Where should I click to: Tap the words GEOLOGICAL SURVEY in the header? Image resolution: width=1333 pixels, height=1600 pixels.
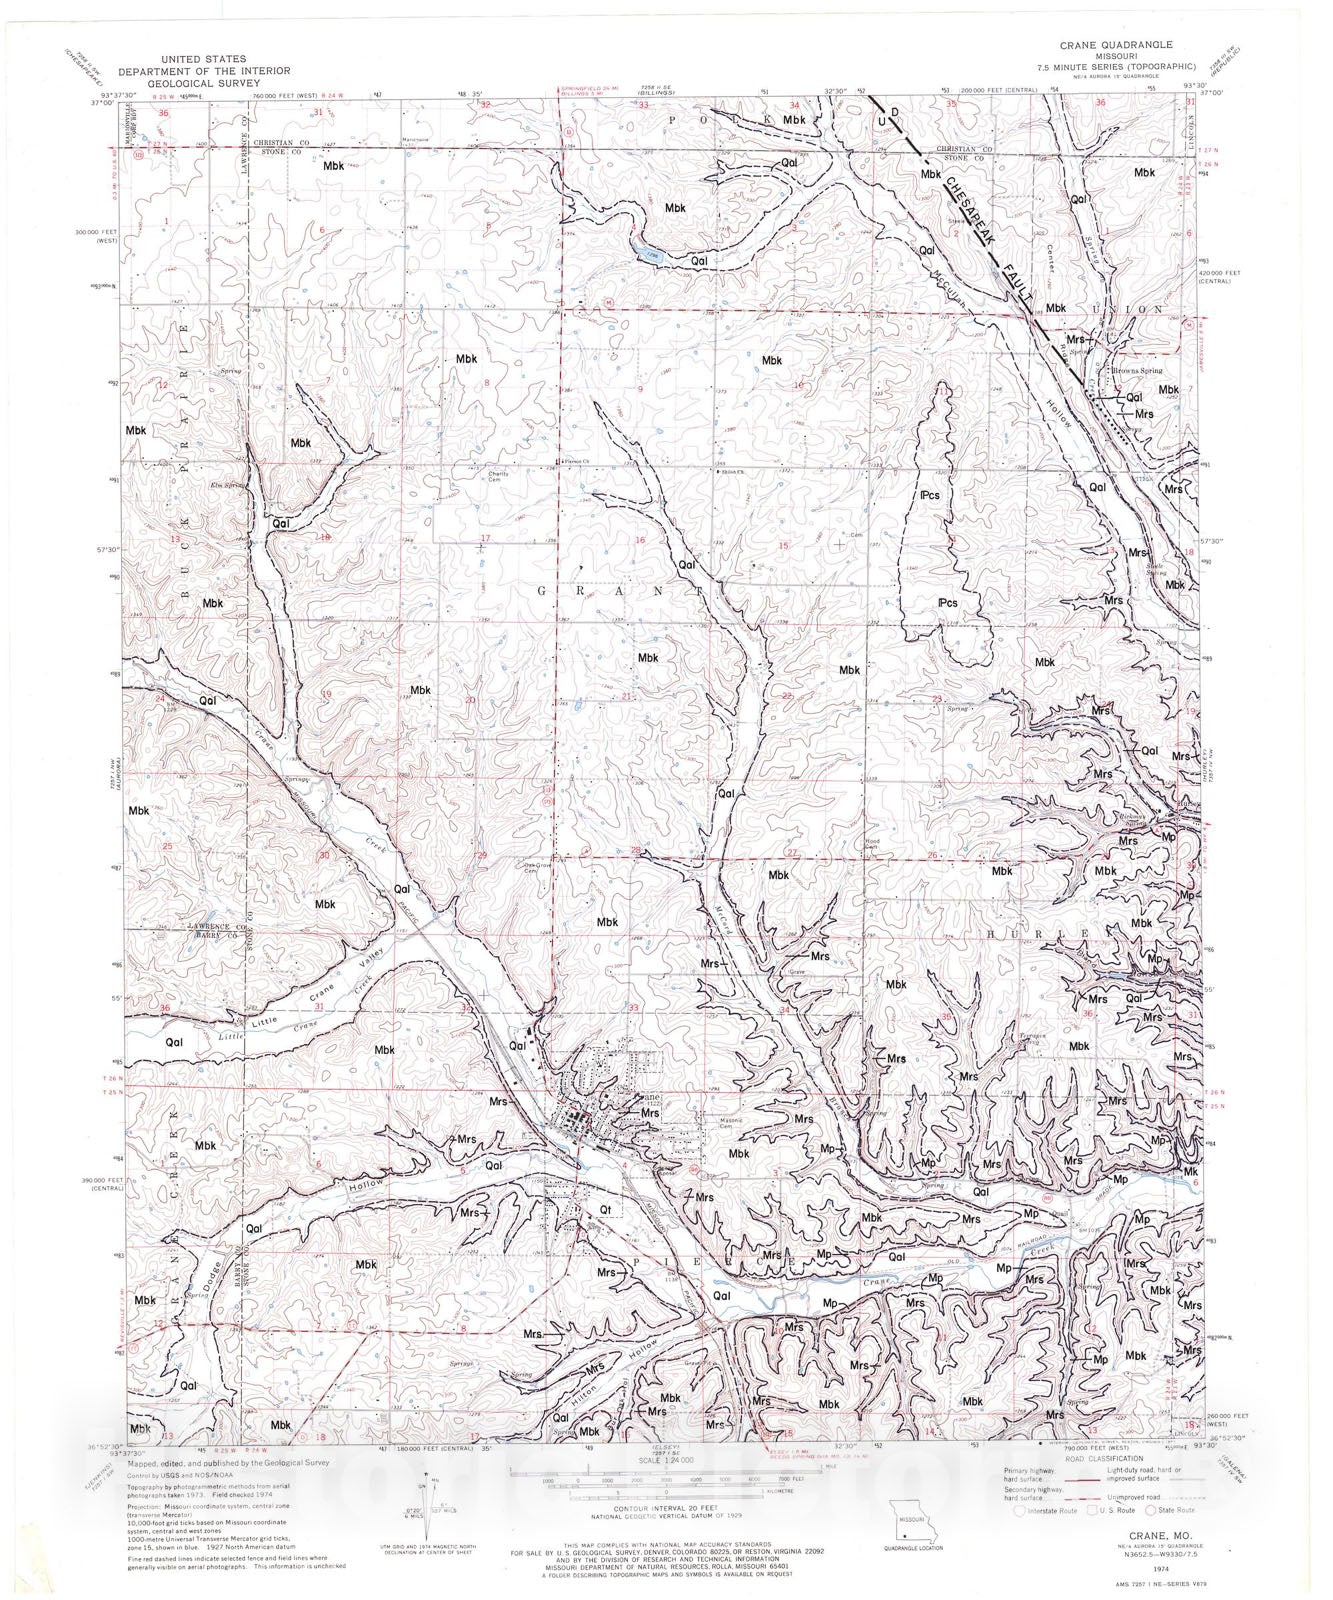[204, 83]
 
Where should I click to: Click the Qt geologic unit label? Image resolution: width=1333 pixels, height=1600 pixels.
[605, 1208]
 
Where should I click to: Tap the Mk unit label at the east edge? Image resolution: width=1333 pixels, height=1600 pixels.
[1190, 1170]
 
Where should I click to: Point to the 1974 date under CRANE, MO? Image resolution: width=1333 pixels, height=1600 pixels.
[1132, 1570]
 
